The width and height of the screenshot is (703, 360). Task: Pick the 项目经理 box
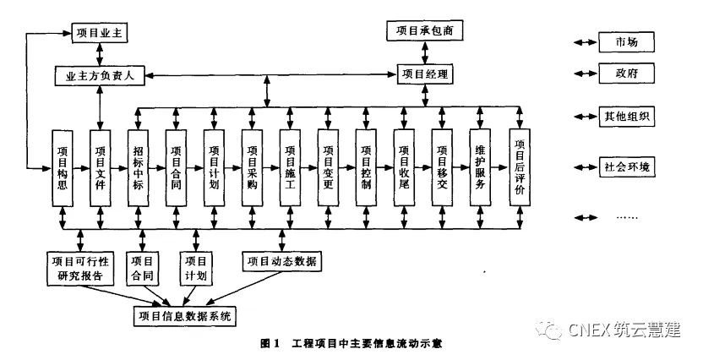[x=426, y=75]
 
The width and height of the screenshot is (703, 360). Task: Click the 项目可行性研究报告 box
[x=80, y=268]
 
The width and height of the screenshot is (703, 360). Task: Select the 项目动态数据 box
[x=281, y=260]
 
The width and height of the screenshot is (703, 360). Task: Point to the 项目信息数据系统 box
[x=185, y=316]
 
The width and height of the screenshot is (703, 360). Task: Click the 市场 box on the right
[x=626, y=41]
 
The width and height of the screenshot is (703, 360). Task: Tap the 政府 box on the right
[x=626, y=73]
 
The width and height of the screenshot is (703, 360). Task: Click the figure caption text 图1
[x=270, y=343]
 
